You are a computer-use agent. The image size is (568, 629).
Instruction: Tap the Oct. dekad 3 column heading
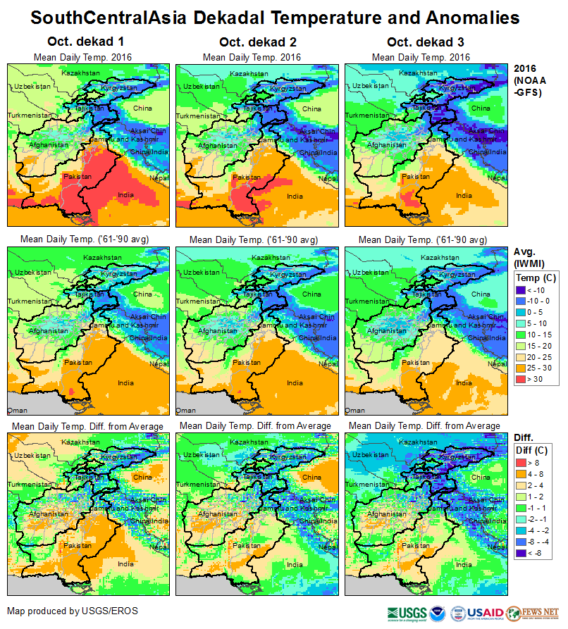tap(421, 42)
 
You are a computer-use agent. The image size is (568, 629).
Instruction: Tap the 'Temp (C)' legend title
tap(536, 278)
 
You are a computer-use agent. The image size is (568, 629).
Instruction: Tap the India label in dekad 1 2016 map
tap(126, 194)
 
